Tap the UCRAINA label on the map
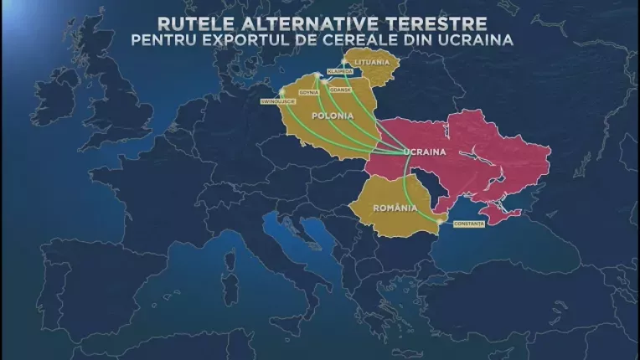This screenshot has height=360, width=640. pyautogui.click(x=422, y=152)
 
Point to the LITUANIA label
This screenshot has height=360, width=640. pyautogui.click(x=372, y=63)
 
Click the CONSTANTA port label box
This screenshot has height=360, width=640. pyautogui.click(x=467, y=224)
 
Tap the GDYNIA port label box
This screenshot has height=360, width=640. pyautogui.click(x=307, y=91)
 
